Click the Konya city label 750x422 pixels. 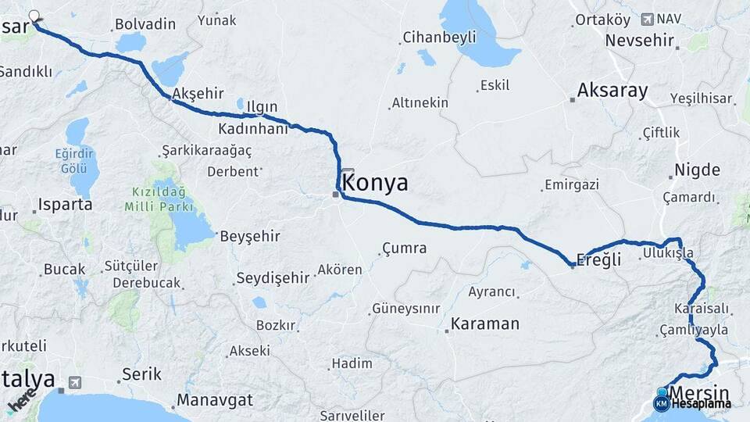tap(375, 184)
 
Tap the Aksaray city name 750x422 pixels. tap(612, 91)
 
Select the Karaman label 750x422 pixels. tap(485, 324)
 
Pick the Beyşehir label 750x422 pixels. tap(250, 235)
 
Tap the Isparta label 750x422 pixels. tap(66, 205)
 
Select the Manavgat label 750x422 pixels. tap(215, 400)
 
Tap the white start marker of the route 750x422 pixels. tap(34, 15)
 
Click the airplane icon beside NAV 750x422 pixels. tap(646, 19)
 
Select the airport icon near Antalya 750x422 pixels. tap(74, 382)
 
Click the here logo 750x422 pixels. tap(21, 402)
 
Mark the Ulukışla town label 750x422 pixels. tap(667, 253)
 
